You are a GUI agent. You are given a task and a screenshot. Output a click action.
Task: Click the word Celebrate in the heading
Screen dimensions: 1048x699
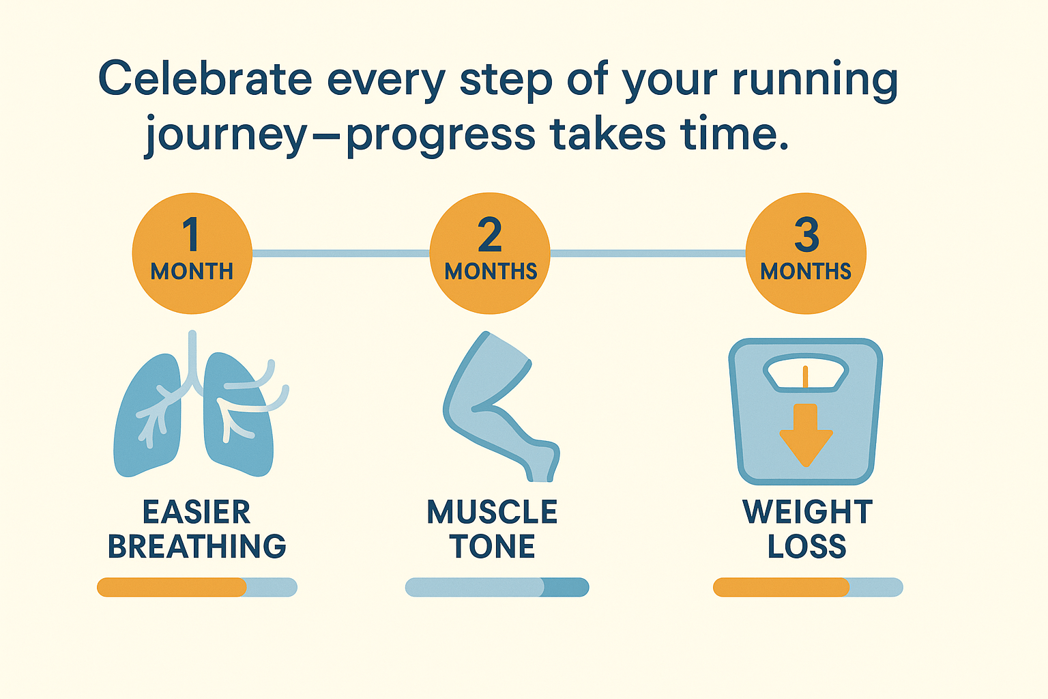[x=205, y=78]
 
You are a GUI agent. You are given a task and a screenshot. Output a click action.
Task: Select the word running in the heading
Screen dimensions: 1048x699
[x=815, y=81]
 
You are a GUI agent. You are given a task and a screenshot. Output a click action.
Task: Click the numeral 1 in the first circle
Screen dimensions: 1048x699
[x=191, y=234]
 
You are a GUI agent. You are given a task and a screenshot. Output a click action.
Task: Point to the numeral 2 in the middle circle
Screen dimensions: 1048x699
[x=490, y=234]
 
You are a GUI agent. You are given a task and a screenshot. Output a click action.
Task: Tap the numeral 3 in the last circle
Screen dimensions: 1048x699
[x=806, y=234]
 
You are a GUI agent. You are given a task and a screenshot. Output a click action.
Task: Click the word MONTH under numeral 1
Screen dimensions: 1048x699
[x=192, y=271]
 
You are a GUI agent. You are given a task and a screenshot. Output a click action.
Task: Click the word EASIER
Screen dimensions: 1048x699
[x=196, y=512]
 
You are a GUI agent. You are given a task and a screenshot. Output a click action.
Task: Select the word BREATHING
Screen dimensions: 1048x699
[x=197, y=546]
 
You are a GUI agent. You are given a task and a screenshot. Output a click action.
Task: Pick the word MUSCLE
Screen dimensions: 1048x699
[x=492, y=512]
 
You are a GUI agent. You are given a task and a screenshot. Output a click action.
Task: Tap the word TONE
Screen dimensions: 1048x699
[x=492, y=546]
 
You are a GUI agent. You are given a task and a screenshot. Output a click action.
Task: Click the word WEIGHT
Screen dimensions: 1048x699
[x=808, y=512]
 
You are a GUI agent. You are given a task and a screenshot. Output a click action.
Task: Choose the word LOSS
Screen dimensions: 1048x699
[x=807, y=546]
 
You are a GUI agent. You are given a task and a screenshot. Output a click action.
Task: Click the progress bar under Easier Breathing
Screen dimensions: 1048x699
[x=197, y=587]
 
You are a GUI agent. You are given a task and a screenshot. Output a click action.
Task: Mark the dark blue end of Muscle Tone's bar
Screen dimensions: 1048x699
[x=565, y=587]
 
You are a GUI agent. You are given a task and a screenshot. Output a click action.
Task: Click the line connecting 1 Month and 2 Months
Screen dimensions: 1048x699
[x=341, y=253]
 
